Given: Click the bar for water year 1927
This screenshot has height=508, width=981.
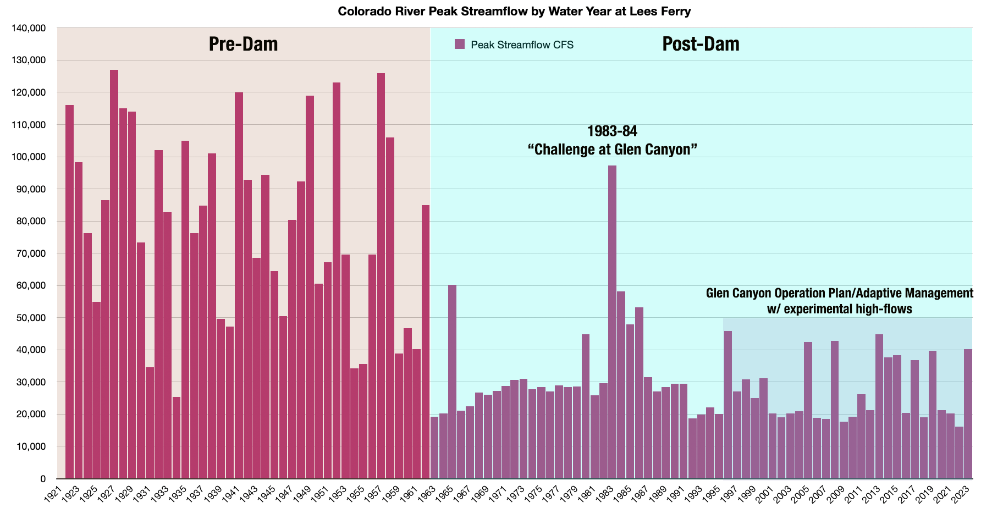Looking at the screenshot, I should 114,275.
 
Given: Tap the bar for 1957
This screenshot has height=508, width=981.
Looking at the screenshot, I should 381,275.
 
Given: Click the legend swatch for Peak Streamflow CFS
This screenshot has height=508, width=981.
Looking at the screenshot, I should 460,45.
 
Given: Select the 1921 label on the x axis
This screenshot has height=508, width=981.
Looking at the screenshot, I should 53,494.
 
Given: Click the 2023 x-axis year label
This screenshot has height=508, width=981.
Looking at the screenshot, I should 961,494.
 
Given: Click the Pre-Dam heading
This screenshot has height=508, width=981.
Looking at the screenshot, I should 243,44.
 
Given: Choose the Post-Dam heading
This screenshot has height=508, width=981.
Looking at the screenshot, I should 701,44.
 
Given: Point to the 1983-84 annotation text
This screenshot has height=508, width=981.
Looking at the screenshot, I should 612,131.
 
